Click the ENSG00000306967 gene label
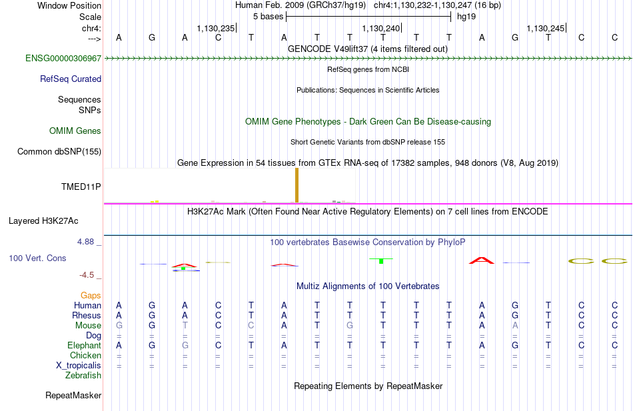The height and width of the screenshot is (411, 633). (x=63, y=58)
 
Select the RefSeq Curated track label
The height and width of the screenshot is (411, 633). (x=71, y=79)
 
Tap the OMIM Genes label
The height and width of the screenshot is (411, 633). (x=75, y=131)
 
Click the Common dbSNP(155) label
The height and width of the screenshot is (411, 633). (x=59, y=151)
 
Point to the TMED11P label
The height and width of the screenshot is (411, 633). (x=81, y=187)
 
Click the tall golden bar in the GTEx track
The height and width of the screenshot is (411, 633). (x=297, y=185)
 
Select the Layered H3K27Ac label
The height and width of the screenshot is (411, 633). (x=43, y=221)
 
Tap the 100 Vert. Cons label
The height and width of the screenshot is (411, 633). (x=37, y=258)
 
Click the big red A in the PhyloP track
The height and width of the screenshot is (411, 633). (x=482, y=260)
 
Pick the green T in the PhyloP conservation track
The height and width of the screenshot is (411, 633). (x=381, y=261)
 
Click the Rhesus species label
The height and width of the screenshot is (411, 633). (x=87, y=315)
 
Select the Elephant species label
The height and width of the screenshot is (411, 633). (x=85, y=345)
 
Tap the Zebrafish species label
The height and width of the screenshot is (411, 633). (x=83, y=375)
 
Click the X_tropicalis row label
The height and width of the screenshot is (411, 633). (x=79, y=366)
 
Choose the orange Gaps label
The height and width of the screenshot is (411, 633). (x=91, y=296)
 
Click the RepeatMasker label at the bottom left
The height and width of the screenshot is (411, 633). (x=73, y=395)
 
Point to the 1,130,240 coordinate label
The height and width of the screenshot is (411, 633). (x=380, y=28)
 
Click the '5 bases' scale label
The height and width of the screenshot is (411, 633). (x=269, y=17)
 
